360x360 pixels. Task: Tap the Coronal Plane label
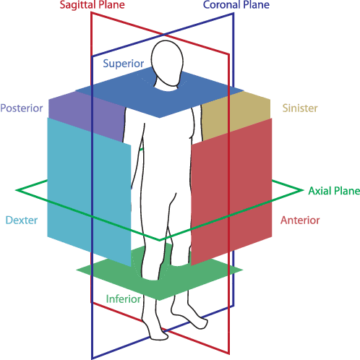coord(236,5)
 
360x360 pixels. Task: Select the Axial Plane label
coord(334,191)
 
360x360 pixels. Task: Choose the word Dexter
coord(20,220)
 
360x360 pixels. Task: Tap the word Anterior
coord(299,220)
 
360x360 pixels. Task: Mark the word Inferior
coord(124,299)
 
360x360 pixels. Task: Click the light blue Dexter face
coord(87,188)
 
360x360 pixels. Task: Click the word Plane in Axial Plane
coord(346,191)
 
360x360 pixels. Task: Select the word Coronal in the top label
coord(223,5)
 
